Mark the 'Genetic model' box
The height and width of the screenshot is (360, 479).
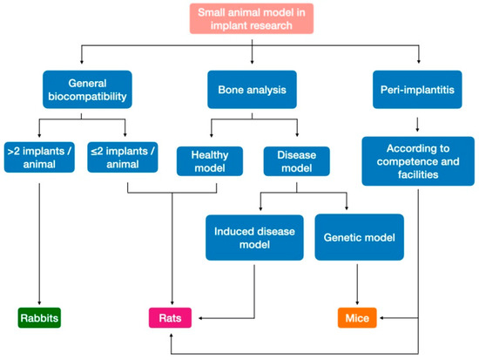[x=356, y=238]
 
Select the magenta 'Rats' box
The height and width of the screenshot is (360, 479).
[x=169, y=318]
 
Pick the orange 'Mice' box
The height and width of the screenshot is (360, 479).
[x=356, y=318]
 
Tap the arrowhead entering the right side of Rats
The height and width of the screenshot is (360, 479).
[x=195, y=318]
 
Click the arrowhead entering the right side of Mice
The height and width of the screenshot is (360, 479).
[x=380, y=318]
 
